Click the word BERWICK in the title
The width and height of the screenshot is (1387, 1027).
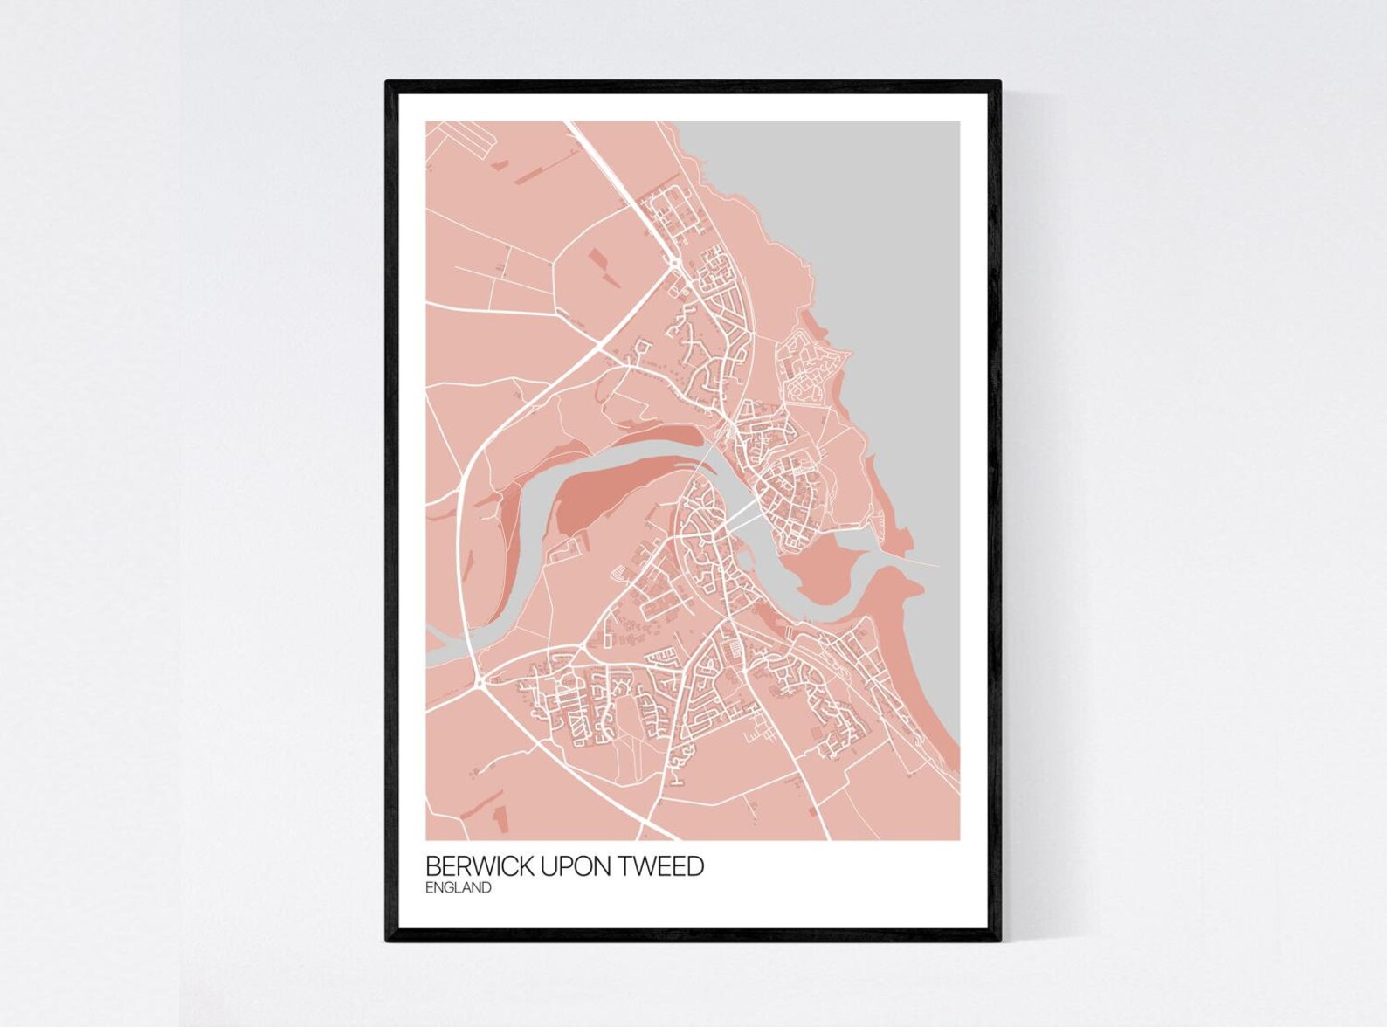point(480,866)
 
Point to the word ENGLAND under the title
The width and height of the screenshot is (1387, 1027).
point(458,888)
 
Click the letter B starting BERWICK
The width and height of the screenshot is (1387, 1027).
point(431,866)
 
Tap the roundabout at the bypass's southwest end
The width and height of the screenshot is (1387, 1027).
point(481,679)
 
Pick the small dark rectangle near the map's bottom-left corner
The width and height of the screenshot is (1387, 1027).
point(499,817)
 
